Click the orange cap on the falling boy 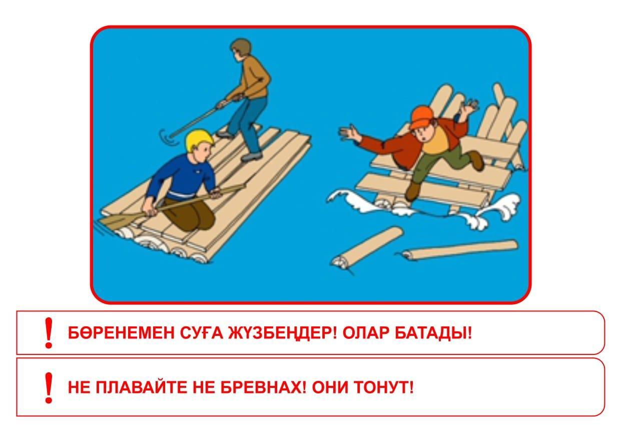tap(422, 117)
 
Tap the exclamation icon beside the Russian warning tap(49, 388)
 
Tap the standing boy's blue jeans tap(248, 122)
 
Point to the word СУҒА tap(202, 333)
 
